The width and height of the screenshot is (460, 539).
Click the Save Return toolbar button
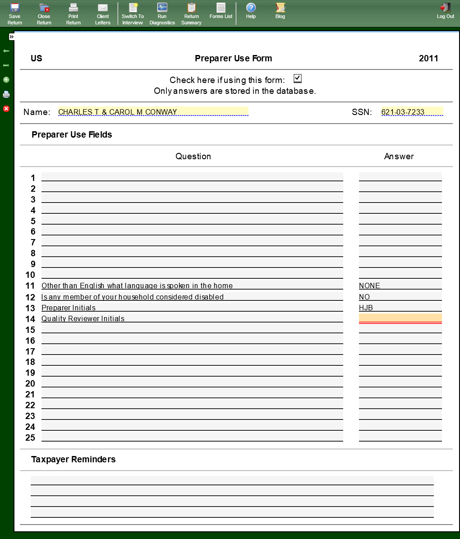[x=14, y=13]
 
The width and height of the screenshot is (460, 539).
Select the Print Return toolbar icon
[x=73, y=13]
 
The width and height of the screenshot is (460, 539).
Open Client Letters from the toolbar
[x=103, y=13]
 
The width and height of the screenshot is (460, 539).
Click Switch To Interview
[x=133, y=13]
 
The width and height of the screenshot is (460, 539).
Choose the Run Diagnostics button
[x=162, y=13]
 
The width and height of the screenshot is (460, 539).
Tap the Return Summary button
[x=191, y=13]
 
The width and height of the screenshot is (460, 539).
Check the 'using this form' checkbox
[x=297, y=78]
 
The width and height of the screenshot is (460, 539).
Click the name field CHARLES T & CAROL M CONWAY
[x=153, y=112]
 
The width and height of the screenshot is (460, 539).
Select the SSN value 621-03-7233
[x=411, y=112]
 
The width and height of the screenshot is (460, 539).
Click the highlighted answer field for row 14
[x=400, y=318]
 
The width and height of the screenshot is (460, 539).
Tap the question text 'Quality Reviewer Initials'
[x=83, y=318]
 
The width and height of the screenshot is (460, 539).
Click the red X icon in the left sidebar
[x=6, y=109]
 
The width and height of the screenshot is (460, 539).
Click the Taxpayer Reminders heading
[x=73, y=459]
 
